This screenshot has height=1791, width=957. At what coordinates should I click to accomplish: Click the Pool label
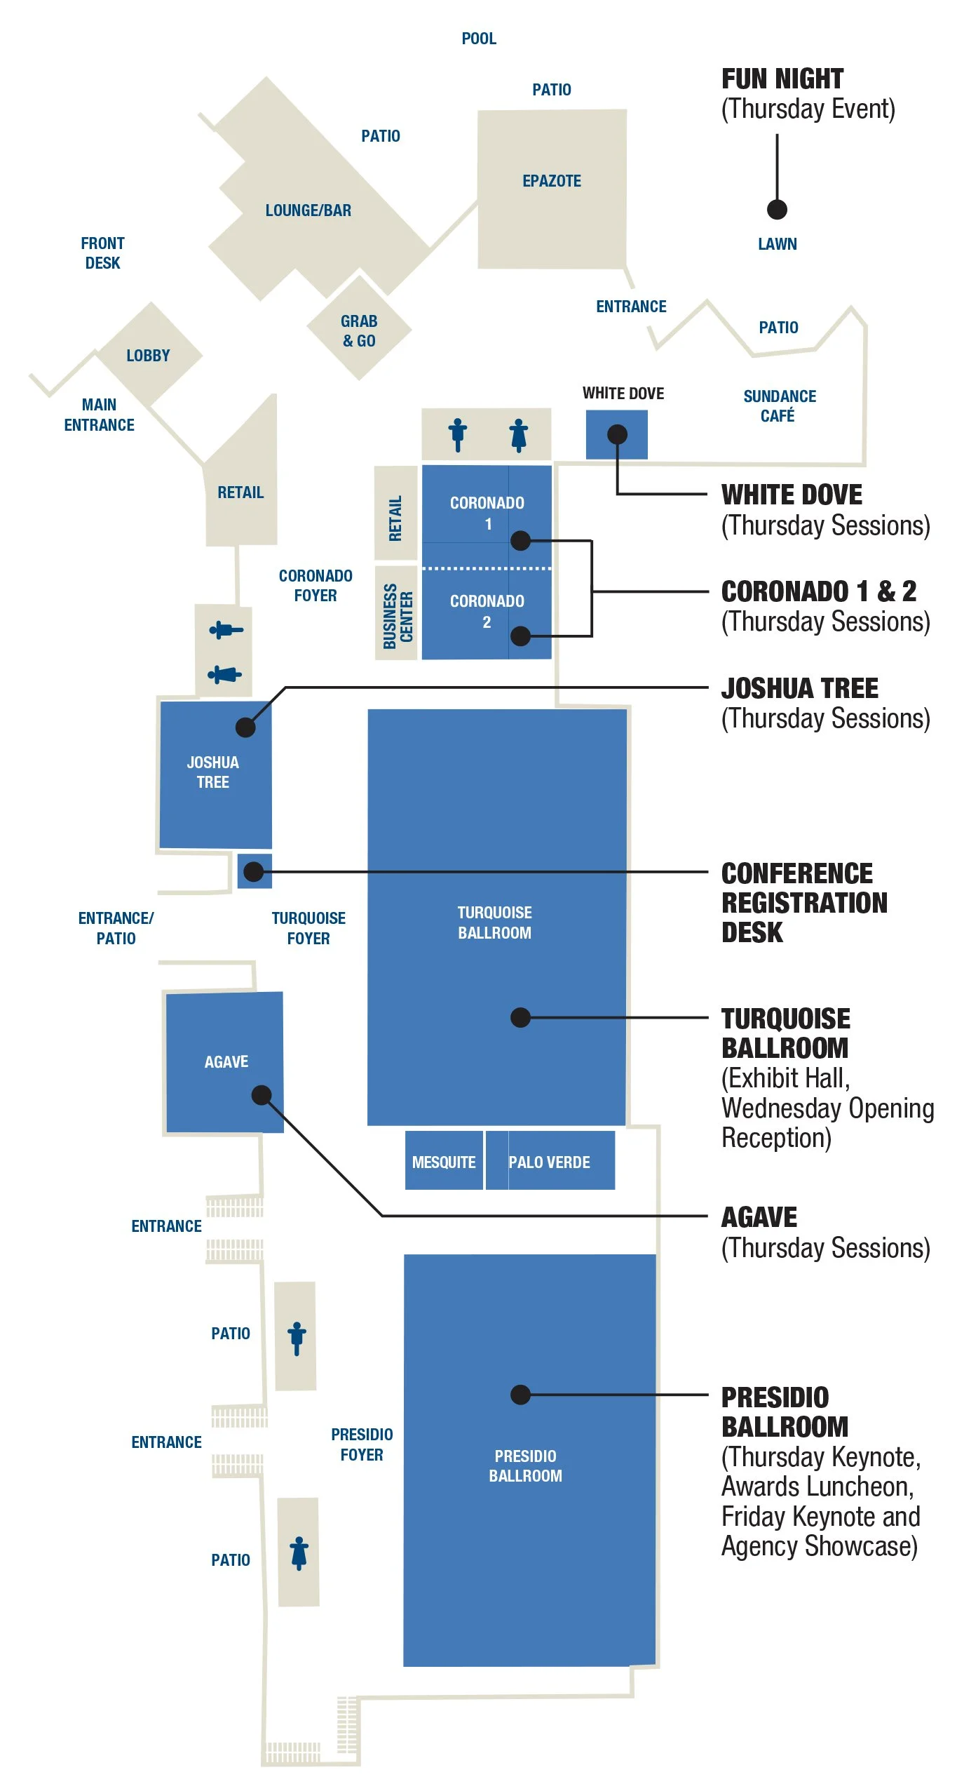tap(479, 39)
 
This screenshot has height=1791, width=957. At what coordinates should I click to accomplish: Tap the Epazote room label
tap(552, 181)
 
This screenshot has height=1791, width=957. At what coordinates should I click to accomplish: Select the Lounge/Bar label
tap(308, 210)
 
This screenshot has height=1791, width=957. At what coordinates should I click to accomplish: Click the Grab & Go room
tap(359, 330)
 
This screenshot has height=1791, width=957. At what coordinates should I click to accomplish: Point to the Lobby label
tap(148, 356)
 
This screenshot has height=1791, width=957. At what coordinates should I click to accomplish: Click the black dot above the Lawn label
tap(777, 209)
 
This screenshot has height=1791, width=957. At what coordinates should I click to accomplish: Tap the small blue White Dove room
tap(616, 435)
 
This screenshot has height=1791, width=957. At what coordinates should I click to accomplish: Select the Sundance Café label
tap(779, 406)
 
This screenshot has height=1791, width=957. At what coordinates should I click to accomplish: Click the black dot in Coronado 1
tap(520, 540)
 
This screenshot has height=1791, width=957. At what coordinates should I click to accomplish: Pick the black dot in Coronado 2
tap(520, 636)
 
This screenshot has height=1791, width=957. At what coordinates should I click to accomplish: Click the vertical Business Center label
tap(397, 617)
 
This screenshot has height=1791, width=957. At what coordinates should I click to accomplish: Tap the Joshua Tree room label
tap(213, 772)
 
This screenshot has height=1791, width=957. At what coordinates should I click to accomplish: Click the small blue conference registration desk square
tap(254, 871)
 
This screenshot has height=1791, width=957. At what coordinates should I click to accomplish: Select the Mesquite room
tap(444, 1162)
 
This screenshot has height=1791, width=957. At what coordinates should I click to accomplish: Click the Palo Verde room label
tap(549, 1162)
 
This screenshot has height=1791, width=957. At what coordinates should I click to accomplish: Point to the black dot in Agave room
tap(262, 1094)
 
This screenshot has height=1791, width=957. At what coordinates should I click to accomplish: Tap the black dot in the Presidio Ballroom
tap(520, 1394)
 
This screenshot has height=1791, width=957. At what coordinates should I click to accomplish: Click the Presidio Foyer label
tap(362, 1444)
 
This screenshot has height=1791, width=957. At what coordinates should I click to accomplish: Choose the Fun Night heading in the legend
tap(782, 79)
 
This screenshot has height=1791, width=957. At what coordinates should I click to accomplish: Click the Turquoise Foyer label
tap(308, 928)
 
